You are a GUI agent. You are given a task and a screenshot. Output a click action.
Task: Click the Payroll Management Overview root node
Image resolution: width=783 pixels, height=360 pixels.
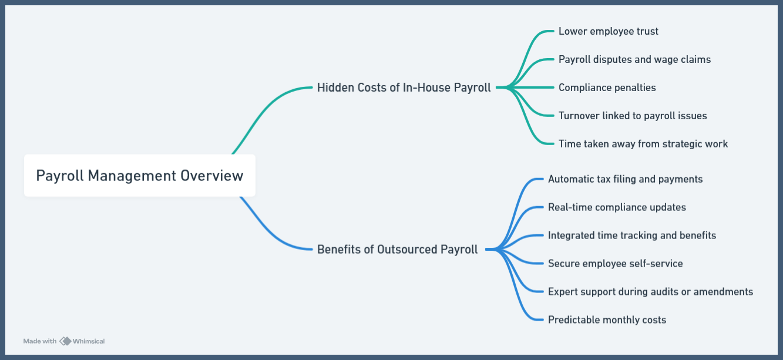click(139, 176)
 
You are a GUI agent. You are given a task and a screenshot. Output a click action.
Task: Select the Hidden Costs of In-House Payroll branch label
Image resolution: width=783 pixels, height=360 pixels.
click(404, 88)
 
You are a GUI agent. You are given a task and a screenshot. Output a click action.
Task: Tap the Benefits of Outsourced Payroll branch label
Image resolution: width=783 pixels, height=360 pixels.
click(397, 249)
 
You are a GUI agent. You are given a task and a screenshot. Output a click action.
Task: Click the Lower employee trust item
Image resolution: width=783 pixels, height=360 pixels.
click(608, 31)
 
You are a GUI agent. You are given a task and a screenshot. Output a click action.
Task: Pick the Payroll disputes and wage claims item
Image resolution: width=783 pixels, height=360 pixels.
click(634, 59)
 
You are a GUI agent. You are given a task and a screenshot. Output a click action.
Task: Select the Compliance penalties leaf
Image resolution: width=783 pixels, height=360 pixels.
click(607, 88)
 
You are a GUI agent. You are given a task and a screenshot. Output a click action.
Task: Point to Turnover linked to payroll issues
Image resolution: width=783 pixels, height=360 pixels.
click(633, 116)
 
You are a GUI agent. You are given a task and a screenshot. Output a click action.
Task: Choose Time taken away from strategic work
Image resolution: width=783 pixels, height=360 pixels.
click(643, 144)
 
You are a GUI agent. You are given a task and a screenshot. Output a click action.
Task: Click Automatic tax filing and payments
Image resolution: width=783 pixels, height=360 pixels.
click(625, 179)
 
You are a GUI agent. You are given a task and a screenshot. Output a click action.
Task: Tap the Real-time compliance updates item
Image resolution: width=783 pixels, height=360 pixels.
click(617, 207)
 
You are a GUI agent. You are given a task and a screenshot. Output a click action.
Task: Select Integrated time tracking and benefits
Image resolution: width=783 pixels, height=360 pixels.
click(631, 235)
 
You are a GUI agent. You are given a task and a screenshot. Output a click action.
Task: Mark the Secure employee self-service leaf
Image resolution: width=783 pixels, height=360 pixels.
click(615, 264)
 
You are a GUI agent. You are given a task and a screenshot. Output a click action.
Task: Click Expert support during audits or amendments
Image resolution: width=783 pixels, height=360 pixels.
click(650, 292)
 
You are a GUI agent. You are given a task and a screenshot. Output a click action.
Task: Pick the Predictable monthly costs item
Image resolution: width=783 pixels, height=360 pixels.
click(607, 320)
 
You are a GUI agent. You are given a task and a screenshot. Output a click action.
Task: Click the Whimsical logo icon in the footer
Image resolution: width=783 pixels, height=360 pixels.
click(65, 341)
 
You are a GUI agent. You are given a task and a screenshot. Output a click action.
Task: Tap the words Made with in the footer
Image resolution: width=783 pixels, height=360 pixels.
click(40, 341)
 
